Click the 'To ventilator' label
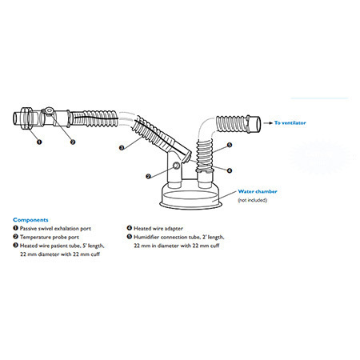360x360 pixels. pos(290,123)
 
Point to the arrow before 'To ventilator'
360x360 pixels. pos(268,123)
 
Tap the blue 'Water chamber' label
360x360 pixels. pos(258,191)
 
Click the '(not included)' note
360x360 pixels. pos(252,200)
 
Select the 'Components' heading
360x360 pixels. pos(30,220)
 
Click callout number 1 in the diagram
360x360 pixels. pos(39,142)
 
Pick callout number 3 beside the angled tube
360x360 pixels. pos(122,147)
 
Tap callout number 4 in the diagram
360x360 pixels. pos(230,170)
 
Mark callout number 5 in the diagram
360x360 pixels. pos(230,145)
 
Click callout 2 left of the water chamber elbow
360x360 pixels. pos(149,176)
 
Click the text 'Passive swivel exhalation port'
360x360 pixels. pos(55,229)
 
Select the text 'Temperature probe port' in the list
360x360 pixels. pos(50,237)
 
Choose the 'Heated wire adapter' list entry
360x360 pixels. pos(158,229)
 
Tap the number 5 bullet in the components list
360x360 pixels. pos(130,237)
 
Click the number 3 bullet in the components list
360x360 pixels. pos(15,245)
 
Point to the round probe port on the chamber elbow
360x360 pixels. pos(176,166)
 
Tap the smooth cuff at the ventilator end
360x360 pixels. pos(254,124)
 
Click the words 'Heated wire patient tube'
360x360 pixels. pos(50,246)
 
